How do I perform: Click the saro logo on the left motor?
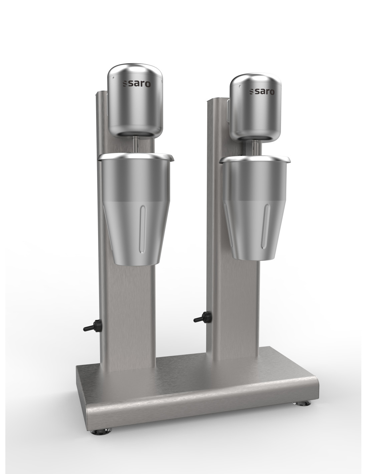(x=137, y=84)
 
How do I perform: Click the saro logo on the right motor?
(x=262, y=92)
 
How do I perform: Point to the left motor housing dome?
(x=135, y=100)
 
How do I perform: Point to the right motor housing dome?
(x=256, y=107)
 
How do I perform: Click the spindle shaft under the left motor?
(x=136, y=145)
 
